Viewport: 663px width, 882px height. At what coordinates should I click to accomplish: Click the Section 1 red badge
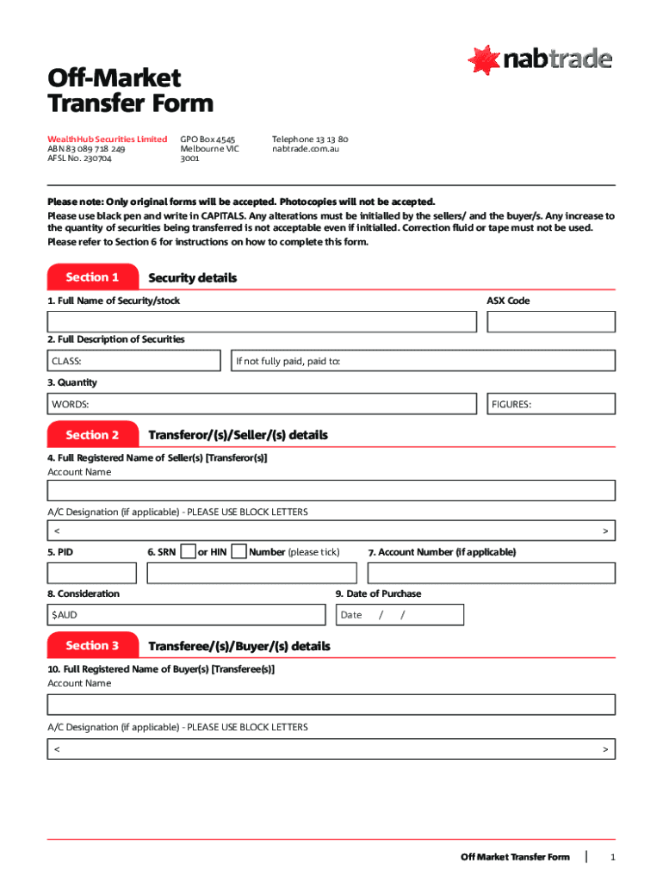tap(92, 277)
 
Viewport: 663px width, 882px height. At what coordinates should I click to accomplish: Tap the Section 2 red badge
tap(92, 435)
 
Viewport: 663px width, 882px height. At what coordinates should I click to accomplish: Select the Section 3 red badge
tap(92, 645)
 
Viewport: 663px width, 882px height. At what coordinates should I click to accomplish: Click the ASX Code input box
tap(551, 322)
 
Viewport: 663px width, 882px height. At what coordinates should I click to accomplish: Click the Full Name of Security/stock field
tap(262, 322)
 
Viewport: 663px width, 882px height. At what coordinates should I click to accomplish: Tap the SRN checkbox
tap(188, 551)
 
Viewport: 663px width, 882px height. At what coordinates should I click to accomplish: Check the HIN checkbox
tap(239, 551)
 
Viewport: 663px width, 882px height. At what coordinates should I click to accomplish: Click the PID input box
tap(92, 573)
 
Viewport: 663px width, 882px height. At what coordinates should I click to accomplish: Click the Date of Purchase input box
tap(400, 615)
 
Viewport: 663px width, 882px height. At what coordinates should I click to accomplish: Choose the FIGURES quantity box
tap(551, 404)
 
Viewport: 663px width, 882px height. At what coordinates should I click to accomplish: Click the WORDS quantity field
tap(262, 404)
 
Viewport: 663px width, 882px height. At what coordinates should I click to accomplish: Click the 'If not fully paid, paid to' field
tap(422, 361)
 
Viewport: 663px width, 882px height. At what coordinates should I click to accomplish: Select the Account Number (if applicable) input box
tap(491, 573)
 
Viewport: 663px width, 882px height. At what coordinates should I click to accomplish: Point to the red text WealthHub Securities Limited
tap(107, 139)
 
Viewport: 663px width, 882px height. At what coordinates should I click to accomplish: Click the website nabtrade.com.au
tap(306, 149)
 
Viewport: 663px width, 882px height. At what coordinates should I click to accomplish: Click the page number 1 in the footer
tap(612, 857)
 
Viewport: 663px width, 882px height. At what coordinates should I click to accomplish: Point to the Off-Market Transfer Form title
tap(129, 90)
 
